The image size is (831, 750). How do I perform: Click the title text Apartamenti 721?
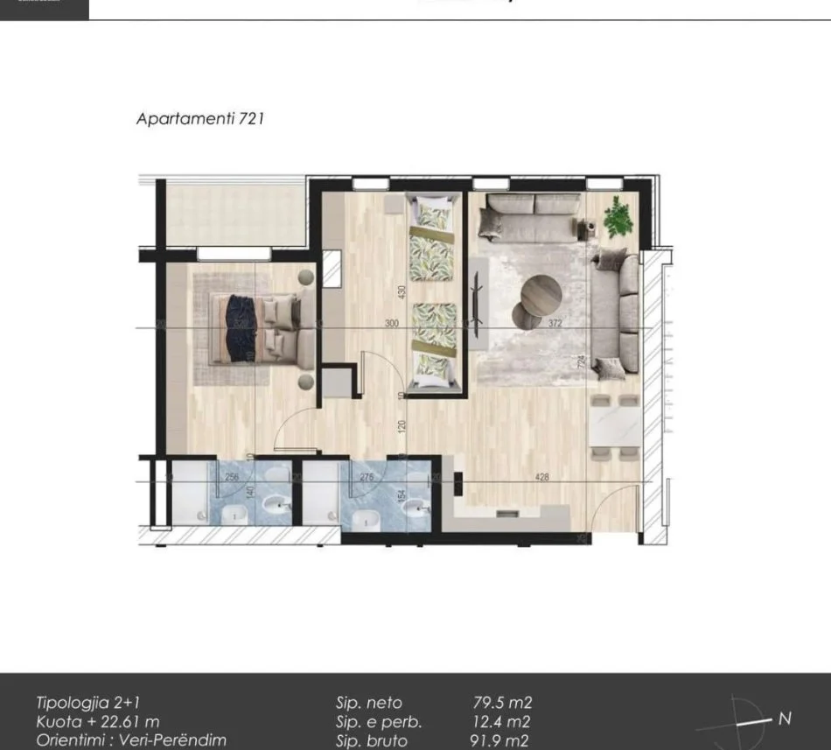199,119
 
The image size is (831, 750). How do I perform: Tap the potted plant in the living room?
619,215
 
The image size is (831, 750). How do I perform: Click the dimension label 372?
555,323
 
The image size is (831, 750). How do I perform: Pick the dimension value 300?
391,323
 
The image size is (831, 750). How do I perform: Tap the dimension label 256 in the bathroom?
232,477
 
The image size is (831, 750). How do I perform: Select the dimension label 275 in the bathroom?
367,477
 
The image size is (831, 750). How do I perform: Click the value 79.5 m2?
502,703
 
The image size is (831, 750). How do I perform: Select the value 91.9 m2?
500,741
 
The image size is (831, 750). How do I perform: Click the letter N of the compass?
785,718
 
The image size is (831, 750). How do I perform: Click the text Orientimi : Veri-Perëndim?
131,741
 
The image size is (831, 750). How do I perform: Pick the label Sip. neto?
368,703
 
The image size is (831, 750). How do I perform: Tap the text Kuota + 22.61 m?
97,722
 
